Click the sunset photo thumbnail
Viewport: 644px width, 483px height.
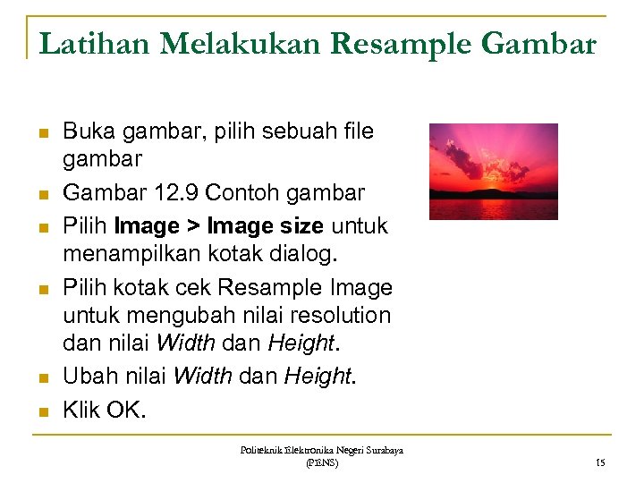(493, 172)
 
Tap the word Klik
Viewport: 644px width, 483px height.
(81, 411)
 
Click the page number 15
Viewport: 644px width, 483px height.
(600, 462)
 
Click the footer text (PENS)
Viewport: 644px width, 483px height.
(321, 462)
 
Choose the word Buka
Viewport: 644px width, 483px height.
(86, 132)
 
